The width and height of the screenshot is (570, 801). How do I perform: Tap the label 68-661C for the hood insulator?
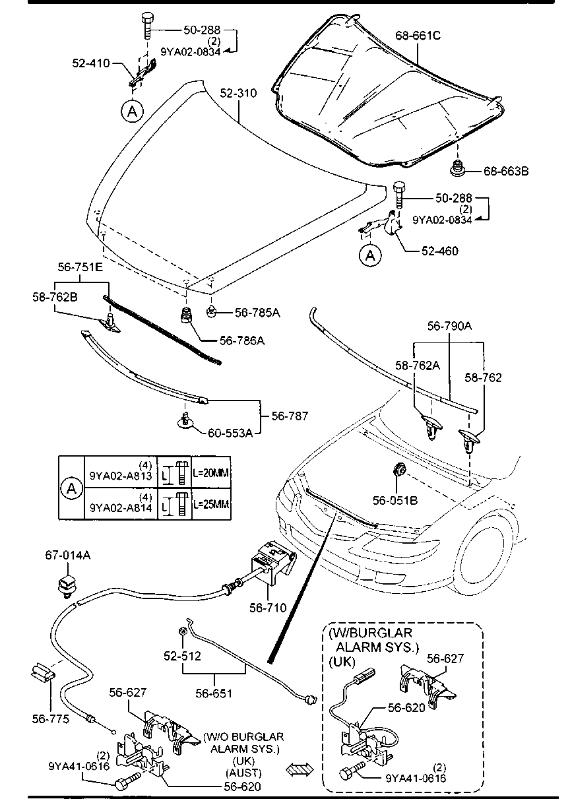pyautogui.click(x=418, y=36)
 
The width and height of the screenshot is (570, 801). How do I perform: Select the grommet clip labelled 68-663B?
pyautogui.click(x=456, y=170)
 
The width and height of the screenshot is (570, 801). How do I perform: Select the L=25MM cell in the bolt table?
pyautogui.click(x=211, y=504)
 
